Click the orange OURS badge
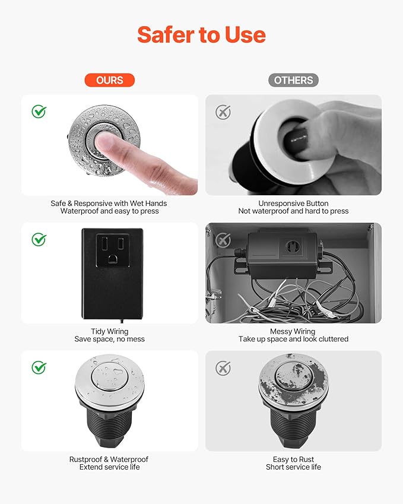(x=109, y=80)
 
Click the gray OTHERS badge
(x=293, y=80)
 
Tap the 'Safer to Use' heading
(x=201, y=35)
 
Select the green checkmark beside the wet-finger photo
(x=39, y=111)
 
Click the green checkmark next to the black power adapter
(x=39, y=239)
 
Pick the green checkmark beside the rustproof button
(x=39, y=367)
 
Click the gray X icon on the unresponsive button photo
(x=223, y=112)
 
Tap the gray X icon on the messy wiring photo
(x=223, y=240)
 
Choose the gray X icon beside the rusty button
(x=223, y=368)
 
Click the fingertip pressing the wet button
(x=107, y=142)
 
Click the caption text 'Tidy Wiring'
(x=109, y=331)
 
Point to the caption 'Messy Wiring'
(x=293, y=331)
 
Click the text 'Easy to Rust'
(x=293, y=459)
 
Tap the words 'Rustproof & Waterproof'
(x=109, y=459)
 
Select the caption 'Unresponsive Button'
(x=293, y=203)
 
